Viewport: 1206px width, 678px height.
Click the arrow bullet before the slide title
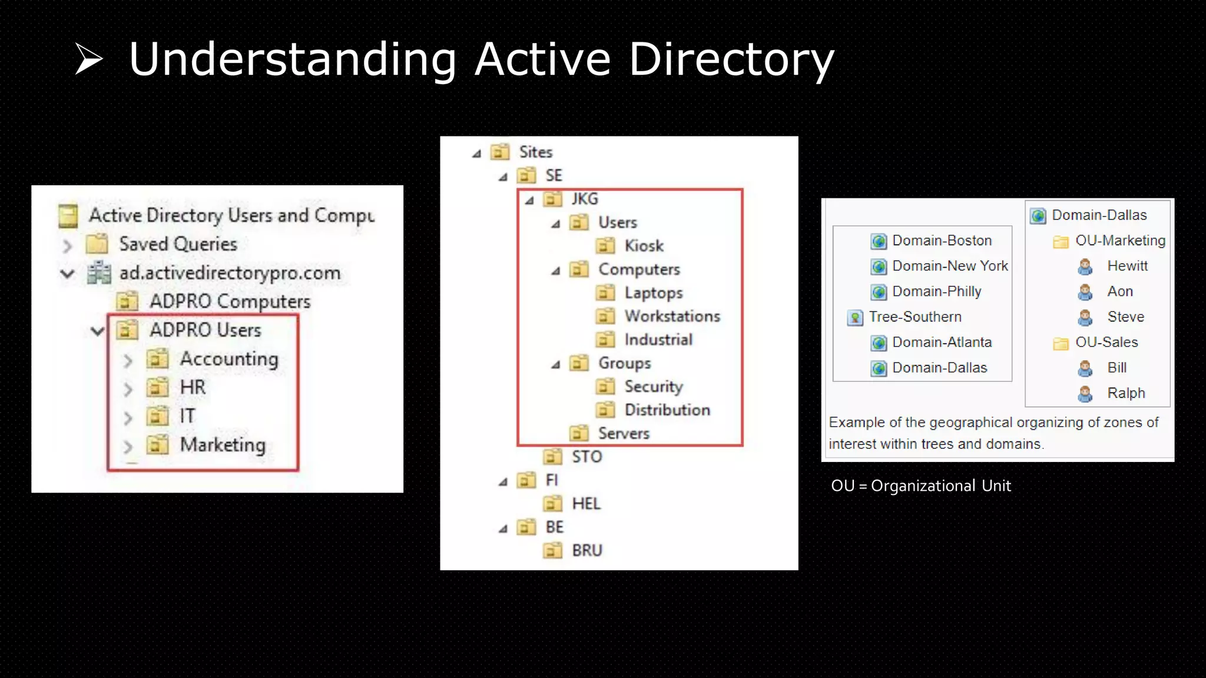[x=88, y=59]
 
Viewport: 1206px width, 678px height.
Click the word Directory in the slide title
[x=731, y=59]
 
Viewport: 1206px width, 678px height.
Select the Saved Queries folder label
[x=178, y=244]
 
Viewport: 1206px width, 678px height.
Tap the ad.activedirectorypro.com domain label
[x=230, y=273]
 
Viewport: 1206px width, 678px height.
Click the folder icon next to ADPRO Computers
[x=127, y=301]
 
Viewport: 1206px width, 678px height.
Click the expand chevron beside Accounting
[x=128, y=360]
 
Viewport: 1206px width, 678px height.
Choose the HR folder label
[x=193, y=387]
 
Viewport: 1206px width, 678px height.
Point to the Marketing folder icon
[x=157, y=445]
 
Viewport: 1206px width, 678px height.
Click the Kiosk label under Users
[x=644, y=246]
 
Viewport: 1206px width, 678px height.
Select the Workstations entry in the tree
[x=672, y=317]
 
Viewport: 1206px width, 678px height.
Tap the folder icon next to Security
[x=605, y=387]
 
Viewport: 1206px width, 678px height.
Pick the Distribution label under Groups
[x=667, y=410]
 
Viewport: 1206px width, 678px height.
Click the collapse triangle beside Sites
[x=476, y=154]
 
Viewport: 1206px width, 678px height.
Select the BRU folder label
[x=587, y=551]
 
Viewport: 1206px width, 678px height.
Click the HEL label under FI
[x=586, y=504]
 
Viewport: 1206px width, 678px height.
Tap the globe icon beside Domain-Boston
[x=879, y=241]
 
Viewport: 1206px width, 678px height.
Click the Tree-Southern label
[x=915, y=317]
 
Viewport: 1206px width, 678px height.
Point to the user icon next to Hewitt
[x=1085, y=267]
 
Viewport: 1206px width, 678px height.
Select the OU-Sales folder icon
[x=1061, y=343]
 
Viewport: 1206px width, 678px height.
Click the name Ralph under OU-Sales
[x=1126, y=393]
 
